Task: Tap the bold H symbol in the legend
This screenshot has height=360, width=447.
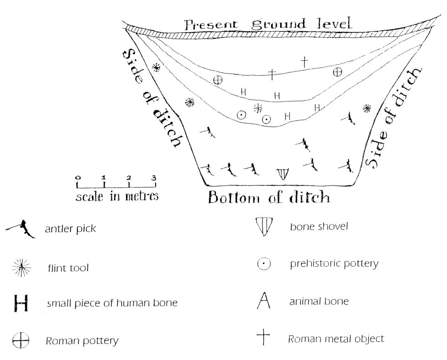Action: [x=21, y=303]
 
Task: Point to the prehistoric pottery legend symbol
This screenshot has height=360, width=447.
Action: [x=264, y=264]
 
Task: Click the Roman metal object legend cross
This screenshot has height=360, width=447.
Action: [x=263, y=338]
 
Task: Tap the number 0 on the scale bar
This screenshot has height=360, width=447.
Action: [x=78, y=178]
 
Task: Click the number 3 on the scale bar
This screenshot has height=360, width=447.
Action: [x=154, y=178]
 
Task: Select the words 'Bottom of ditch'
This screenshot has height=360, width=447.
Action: [x=269, y=197]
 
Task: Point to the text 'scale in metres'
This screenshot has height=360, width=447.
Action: [x=117, y=196]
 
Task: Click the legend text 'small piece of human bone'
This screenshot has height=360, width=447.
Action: [x=112, y=303]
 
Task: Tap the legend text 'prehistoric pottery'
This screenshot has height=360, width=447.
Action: [x=334, y=264]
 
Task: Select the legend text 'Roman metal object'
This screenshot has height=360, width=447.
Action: [x=336, y=339]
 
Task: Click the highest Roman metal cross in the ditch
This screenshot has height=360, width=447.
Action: [x=304, y=62]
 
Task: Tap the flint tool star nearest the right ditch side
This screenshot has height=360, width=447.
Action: [x=367, y=108]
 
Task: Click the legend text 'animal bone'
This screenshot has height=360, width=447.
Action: [x=319, y=301]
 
